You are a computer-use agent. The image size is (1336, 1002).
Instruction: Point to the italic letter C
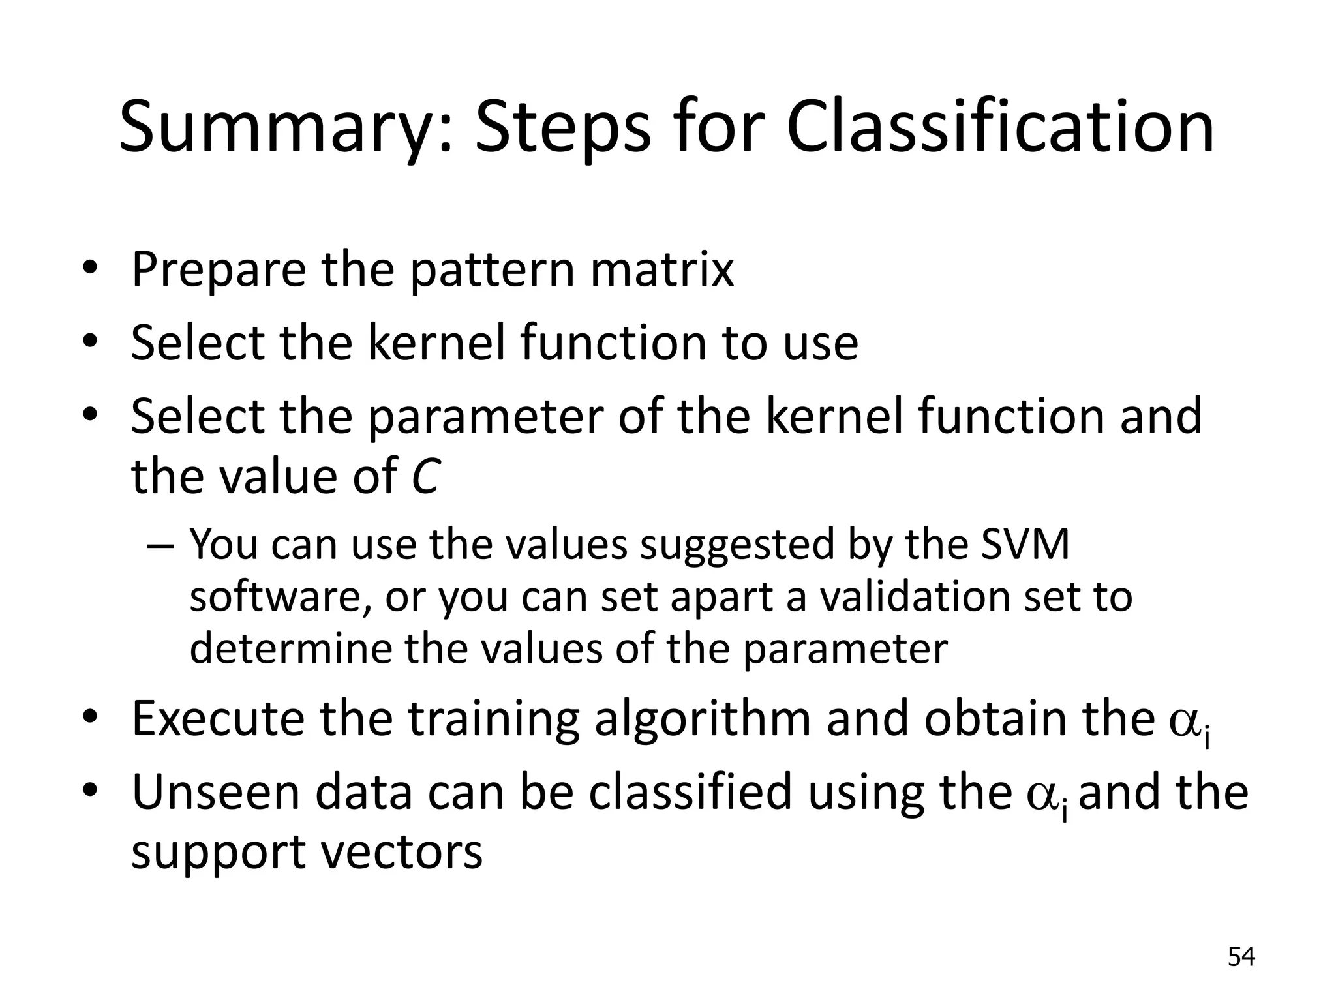coord(425,476)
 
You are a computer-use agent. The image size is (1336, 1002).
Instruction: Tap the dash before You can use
coord(160,545)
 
